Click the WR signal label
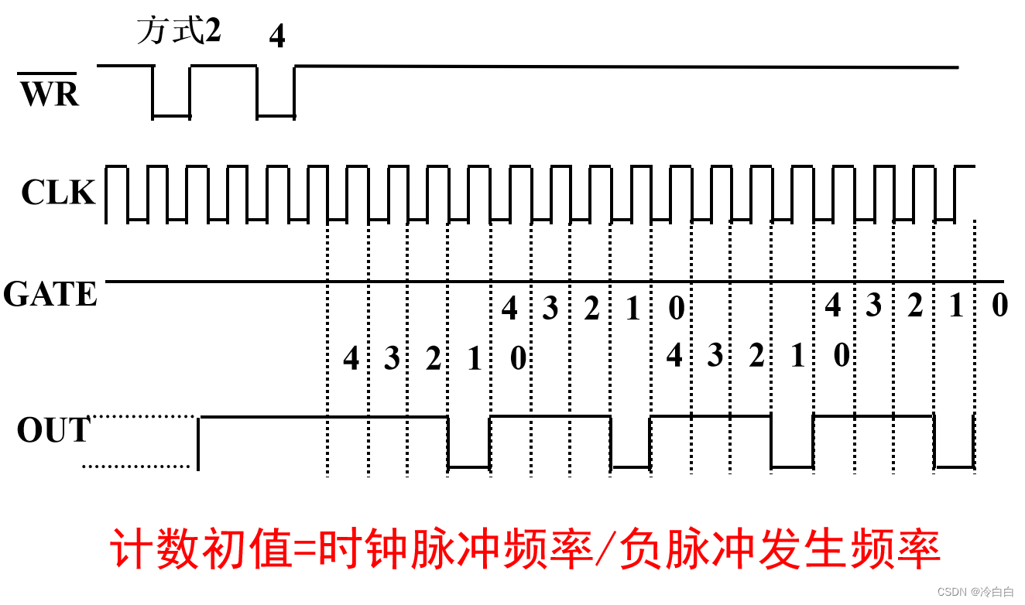point(50,94)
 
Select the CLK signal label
point(58,193)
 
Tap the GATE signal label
point(50,295)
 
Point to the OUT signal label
point(53,431)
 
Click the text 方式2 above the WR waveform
point(179,31)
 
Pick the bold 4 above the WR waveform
point(276,36)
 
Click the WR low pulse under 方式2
point(171,115)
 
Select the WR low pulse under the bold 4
point(276,115)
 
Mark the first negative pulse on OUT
point(469,465)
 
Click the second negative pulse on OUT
point(630,465)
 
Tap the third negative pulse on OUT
point(792,465)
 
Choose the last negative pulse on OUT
point(954,465)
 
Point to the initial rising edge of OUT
point(198,443)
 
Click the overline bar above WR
point(48,72)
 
